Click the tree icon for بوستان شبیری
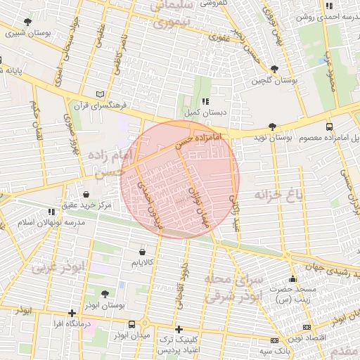point(27,22)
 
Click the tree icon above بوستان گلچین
point(274,69)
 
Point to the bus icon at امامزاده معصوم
point(330,127)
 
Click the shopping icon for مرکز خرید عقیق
point(86,195)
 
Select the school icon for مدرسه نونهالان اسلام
point(51,212)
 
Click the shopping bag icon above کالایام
point(143,251)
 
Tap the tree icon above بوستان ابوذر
point(105,295)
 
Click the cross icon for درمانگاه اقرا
point(72,314)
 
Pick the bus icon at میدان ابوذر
point(131,324)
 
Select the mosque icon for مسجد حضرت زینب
point(292,279)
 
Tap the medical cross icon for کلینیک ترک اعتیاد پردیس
point(179,329)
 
